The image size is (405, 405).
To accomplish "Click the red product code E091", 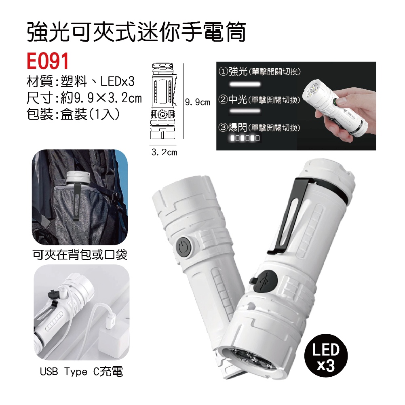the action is coord(48,61).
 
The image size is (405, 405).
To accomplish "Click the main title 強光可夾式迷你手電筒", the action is coord(136,32).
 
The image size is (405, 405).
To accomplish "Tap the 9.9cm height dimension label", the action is coord(198,102).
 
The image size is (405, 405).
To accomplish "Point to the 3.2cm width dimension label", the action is coord(164,152).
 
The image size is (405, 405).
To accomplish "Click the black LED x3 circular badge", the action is coord(326,357).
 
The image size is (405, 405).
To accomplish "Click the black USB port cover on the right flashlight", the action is coord(264,281).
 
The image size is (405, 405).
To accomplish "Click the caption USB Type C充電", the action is coord(82,371).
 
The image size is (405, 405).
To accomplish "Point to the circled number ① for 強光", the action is coord(223,71).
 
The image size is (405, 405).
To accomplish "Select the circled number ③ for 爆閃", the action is coord(223,127).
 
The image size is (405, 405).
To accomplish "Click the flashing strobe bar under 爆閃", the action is coord(245,138).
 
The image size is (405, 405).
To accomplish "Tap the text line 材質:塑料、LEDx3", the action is coord(80,82).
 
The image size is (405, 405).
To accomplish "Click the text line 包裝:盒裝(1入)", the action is coord(73,114).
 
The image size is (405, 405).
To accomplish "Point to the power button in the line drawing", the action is coord(162,114).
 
